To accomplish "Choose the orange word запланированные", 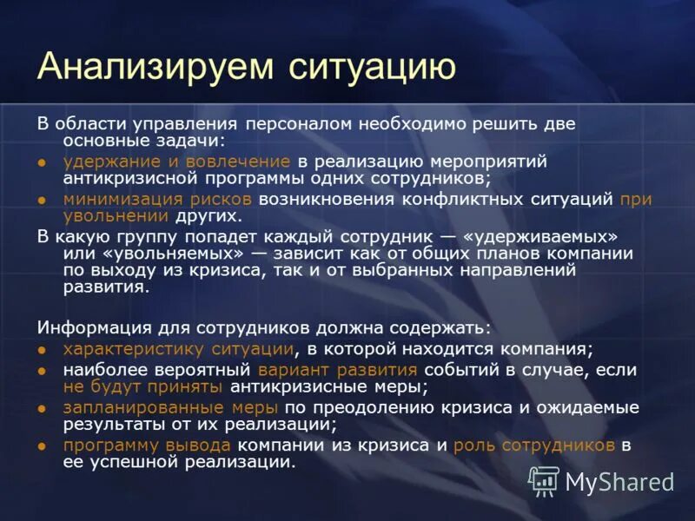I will coord(127,407).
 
